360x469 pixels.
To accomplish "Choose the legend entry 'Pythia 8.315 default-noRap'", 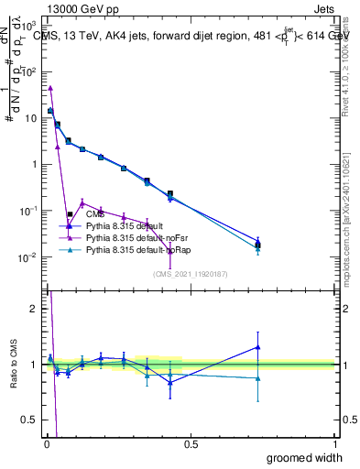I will click(138, 249).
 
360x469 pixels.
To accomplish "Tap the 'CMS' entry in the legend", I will click(107, 213).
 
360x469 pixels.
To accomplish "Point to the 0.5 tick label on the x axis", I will click(191, 443).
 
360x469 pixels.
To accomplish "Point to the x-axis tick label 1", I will click(334, 443).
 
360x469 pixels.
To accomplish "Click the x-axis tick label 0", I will click(46, 443).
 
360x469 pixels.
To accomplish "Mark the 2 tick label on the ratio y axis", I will click(33, 309).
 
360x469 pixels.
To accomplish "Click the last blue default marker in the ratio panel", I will click(257, 347).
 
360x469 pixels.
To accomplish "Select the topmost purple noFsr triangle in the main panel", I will click(50, 88).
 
